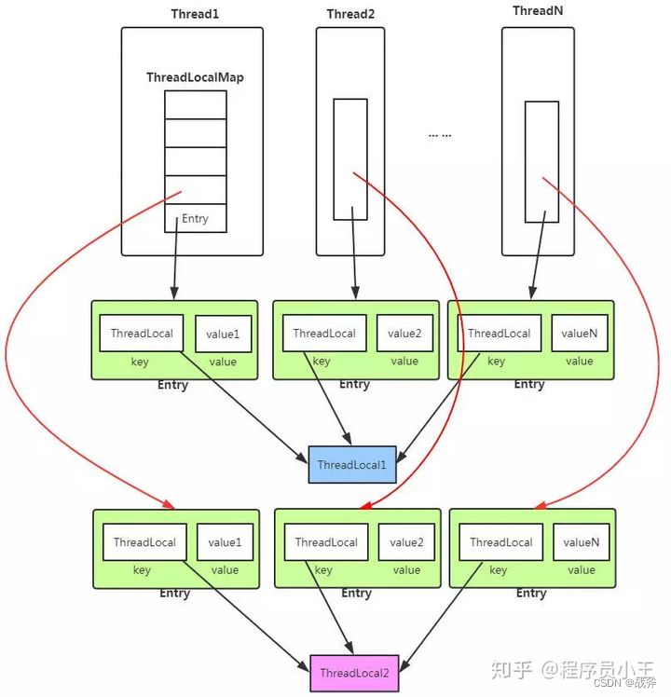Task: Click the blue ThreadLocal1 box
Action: tap(352, 464)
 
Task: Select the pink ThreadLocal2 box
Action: tap(354, 673)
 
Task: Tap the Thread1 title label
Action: tap(192, 14)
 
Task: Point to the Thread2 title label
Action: tap(349, 14)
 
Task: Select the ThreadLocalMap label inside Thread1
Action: tap(195, 77)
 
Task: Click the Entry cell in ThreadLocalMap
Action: tap(196, 219)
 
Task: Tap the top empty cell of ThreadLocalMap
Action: tap(196, 104)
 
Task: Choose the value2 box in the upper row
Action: tap(404, 334)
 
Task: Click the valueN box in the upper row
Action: tap(579, 334)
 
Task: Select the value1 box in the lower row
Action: tap(225, 542)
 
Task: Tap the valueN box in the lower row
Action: tap(581, 542)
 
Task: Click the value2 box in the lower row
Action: tap(406, 542)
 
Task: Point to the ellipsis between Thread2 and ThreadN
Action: tap(440, 135)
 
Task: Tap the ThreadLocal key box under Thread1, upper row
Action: tap(142, 334)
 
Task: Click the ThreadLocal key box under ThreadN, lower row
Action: tap(501, 542)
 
